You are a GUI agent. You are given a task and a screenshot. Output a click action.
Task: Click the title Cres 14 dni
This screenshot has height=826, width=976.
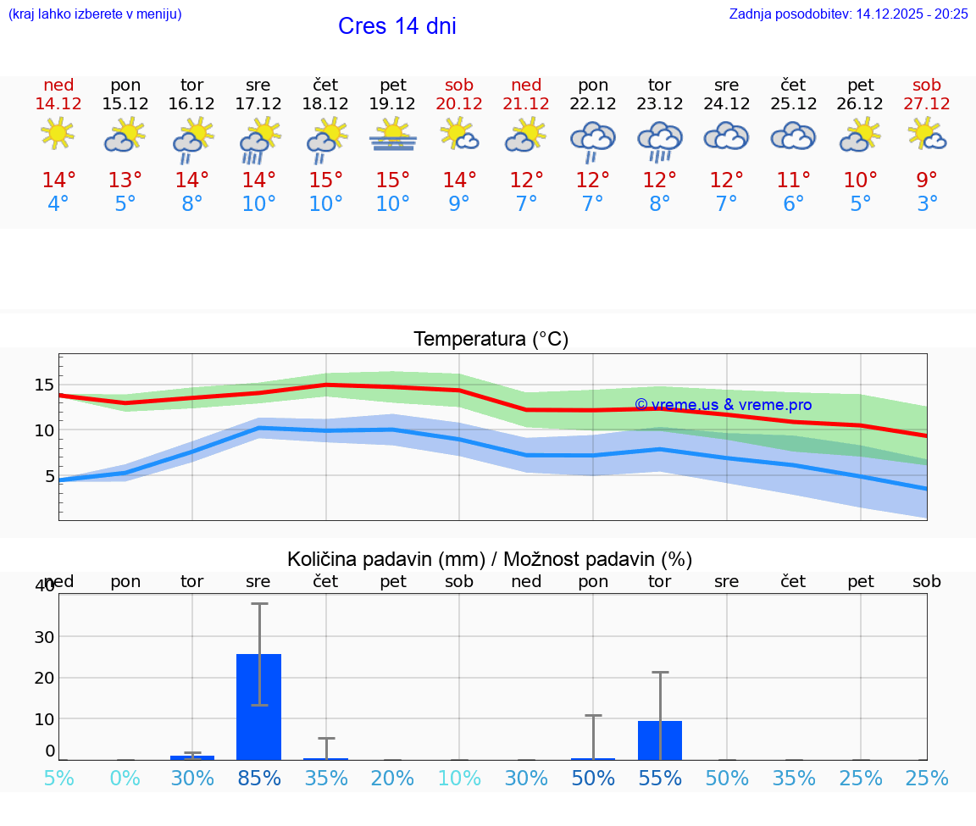point(396,26)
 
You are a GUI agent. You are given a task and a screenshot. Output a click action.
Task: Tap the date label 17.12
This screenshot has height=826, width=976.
point(258,103)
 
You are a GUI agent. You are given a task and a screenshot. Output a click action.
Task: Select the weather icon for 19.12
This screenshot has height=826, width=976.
point(392,136)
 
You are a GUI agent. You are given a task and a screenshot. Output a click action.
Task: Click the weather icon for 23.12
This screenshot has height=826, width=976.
point(660,140)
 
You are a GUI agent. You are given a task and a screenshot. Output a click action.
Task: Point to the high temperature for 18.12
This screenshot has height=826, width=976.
point(325,180)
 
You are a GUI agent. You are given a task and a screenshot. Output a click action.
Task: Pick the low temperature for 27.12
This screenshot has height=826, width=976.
point(927,204)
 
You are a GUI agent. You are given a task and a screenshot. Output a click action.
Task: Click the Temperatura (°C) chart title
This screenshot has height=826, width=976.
point(491,340)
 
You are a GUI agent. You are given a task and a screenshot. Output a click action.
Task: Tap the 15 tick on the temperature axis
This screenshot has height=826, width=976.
point(44,385)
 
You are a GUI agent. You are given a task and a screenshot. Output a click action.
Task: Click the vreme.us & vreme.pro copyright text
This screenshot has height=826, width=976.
point(723,405)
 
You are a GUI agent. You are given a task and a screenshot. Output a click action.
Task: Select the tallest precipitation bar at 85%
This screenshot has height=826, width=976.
point(258,707)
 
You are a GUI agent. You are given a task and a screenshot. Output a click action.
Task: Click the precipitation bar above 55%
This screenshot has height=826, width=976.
point(660,740)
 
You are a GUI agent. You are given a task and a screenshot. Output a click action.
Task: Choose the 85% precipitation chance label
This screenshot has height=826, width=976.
point(258,779)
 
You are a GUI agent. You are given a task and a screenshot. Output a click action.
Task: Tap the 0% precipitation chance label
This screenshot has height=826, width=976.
point(125,779)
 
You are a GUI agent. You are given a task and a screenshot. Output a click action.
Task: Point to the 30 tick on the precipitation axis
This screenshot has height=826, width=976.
point(44,636)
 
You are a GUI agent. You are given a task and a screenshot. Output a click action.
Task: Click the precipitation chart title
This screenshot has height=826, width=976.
point(490,559)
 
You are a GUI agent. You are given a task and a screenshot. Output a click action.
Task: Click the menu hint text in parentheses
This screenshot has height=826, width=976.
point(95,14)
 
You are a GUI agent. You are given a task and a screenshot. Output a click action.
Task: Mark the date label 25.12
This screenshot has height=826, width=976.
point(793,103)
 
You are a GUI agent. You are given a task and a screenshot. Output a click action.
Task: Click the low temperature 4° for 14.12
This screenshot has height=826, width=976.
point(58,204)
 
